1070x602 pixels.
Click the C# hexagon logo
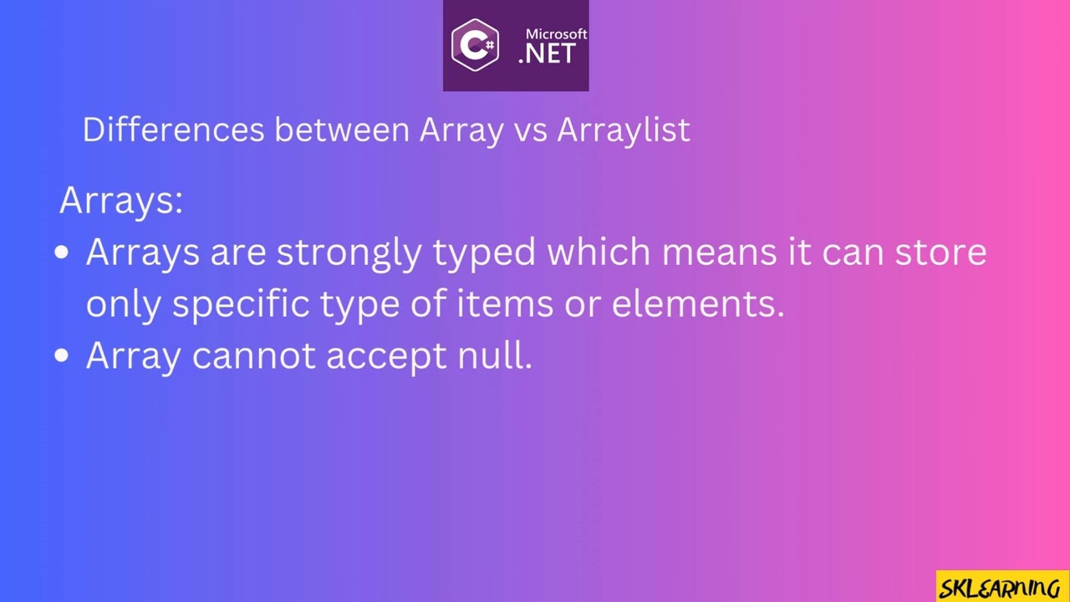tap(475, 45)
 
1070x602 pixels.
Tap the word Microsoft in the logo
tap(556, 34)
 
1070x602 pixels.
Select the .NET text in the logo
tap(548, 54)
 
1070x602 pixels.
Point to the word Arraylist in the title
tap(624, 130)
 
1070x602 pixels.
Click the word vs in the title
tap(530, 130)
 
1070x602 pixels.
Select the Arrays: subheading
tap(121, 202)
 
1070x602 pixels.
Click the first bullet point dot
tap(61, 253)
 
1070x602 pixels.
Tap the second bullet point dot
tap(61, 356)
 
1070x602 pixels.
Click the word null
tap(494, 356)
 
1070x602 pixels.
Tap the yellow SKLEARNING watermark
tap(1001, 587)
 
